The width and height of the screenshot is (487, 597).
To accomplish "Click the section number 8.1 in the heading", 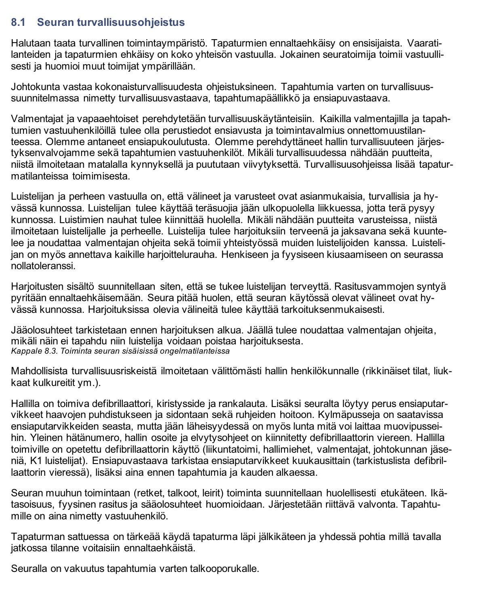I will click(x=18, y=23).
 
